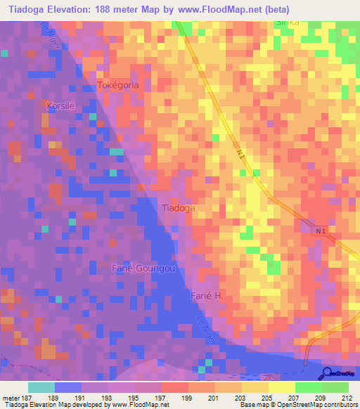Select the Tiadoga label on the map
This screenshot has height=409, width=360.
[x=179, y=208]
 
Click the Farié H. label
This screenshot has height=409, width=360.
[x=207, y=297]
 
